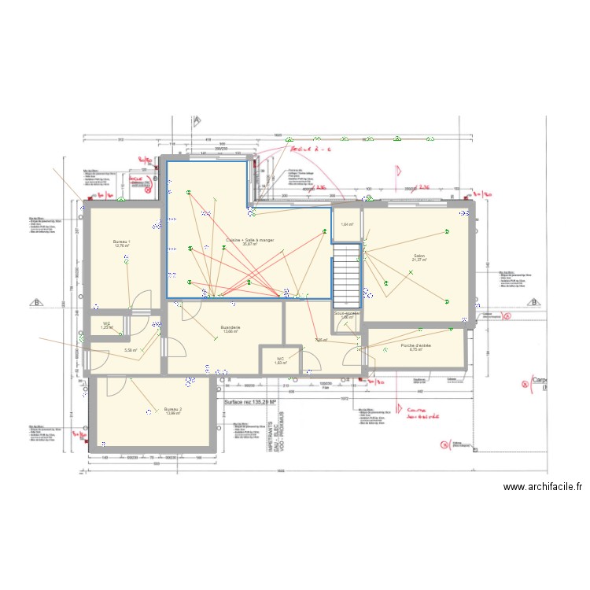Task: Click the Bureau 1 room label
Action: [122, 242]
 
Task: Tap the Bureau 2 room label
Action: [173, 410]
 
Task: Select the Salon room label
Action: [418, 256]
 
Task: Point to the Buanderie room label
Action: [230, 326]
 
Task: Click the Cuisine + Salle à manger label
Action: [249, 239]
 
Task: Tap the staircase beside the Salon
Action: [346, 275]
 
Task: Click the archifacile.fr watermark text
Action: [542, 488]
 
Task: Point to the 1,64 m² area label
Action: [347, 225]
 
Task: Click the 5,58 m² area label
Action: [131, 350]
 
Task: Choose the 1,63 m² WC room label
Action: [279, 362]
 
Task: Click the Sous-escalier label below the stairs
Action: [347, 314]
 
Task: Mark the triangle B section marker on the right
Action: [534, 301]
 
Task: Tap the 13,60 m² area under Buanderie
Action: [230, 331]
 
